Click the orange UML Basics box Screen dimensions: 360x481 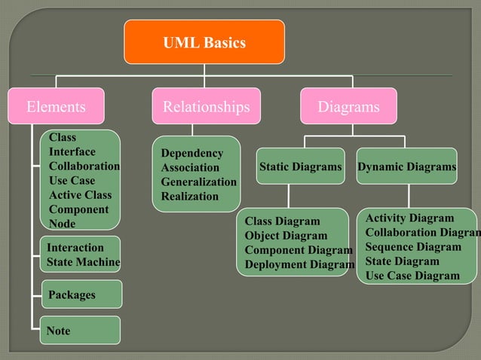pos(204,42)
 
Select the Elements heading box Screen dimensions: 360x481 pos(56,106)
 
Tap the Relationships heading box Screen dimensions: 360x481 pos(206,106)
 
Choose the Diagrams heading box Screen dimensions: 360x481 pos(348,106)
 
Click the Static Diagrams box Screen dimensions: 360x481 pos(300,166)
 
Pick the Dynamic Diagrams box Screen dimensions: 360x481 pos(407,166)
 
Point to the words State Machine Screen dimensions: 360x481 pos(83,262)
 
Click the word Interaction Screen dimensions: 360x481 pos(75,248)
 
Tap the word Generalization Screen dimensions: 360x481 pos(198,182)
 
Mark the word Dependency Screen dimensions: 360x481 pos(192,154)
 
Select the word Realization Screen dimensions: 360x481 pos(190,197)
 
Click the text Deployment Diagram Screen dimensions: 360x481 pos(299,264)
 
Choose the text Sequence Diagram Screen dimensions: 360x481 pos(413,247)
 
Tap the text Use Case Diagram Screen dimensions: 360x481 pos(412,276)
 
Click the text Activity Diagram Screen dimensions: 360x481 pos(410,218)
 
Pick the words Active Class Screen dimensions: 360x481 pos(80,195)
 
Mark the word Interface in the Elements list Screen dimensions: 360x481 pos(72,152)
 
